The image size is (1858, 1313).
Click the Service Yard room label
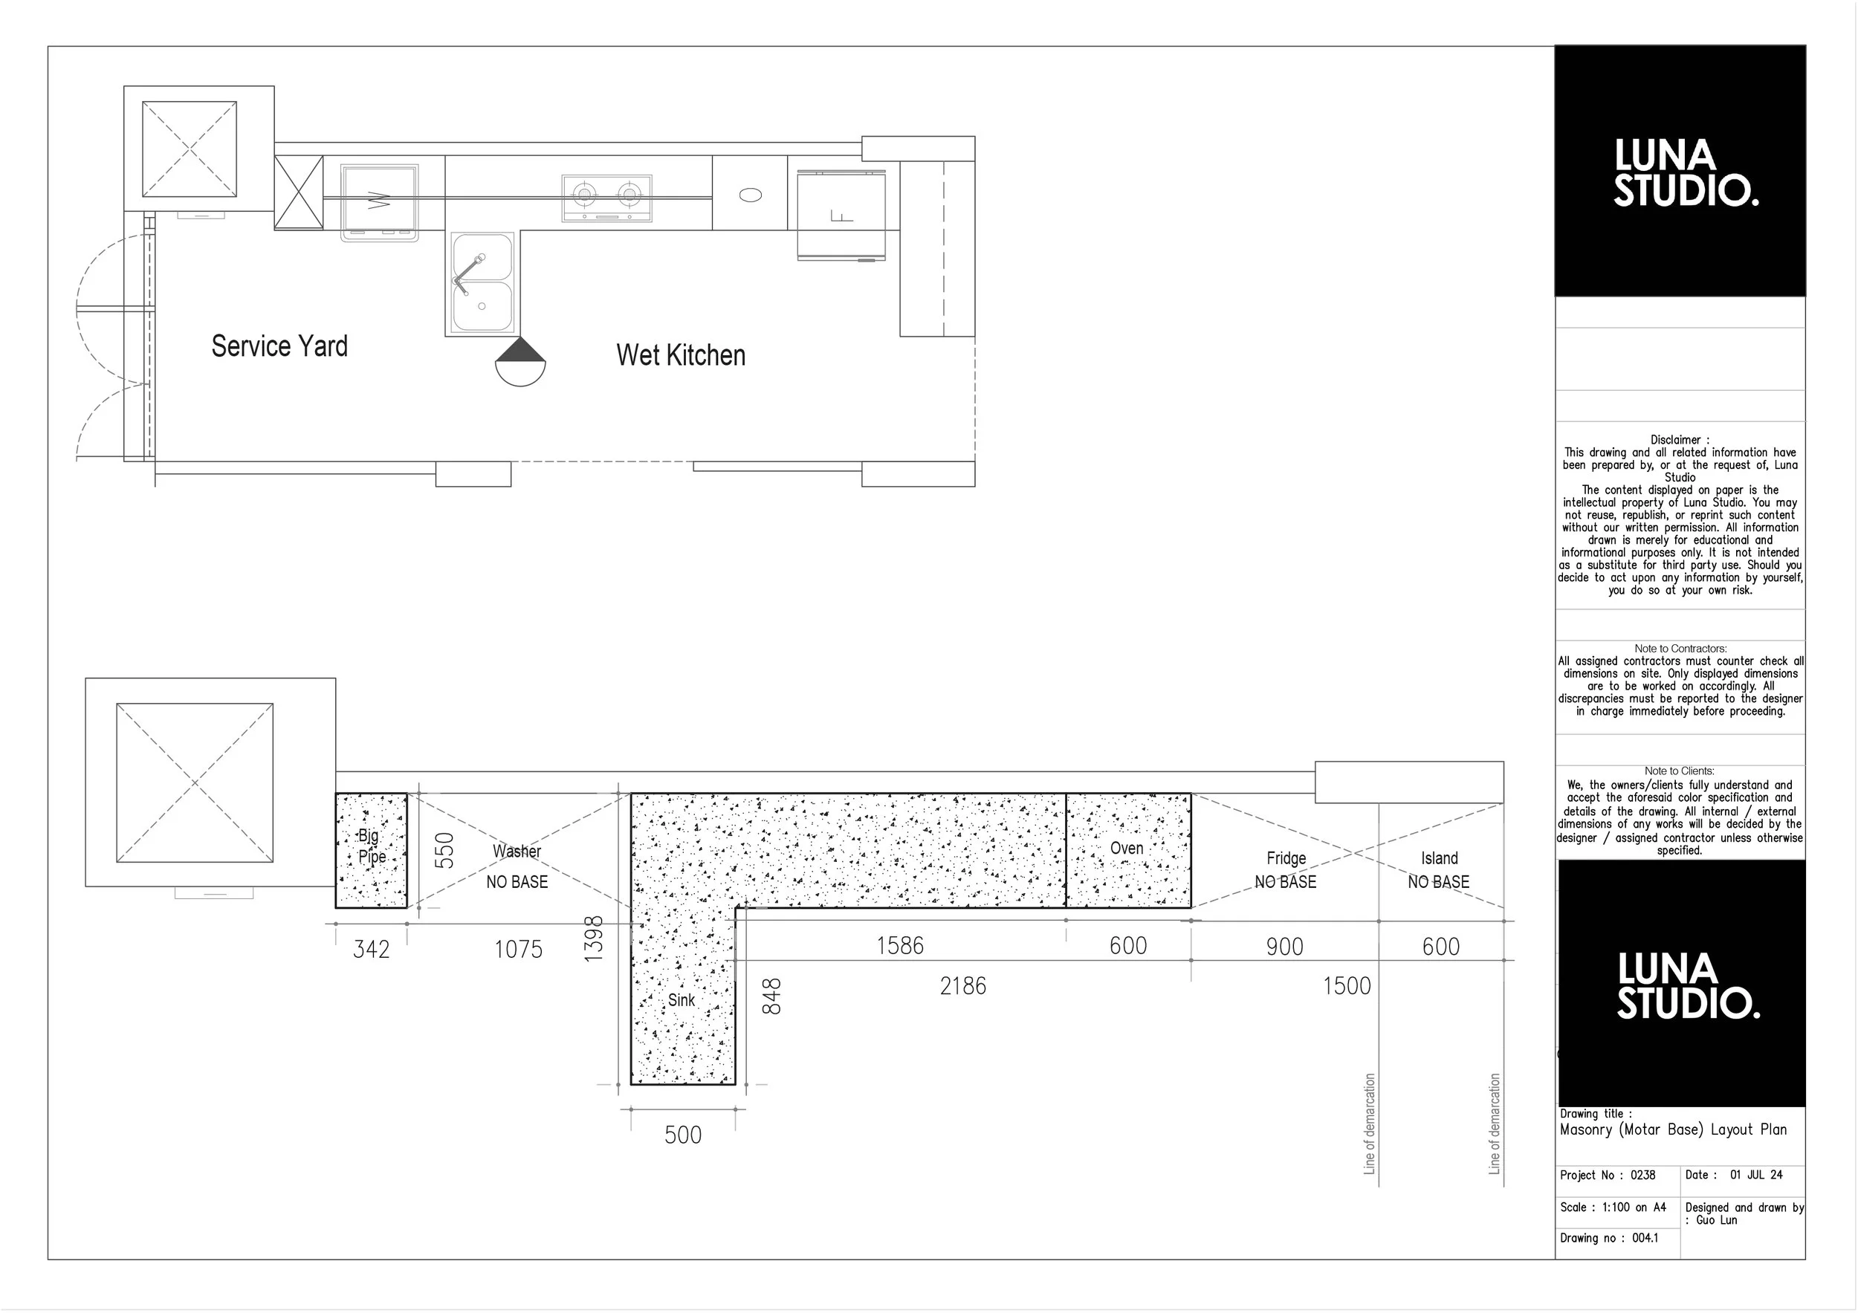pos(279,346)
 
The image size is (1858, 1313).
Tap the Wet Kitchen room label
pos(681,355)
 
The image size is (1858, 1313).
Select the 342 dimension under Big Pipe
pos(372,949)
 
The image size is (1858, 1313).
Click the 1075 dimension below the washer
pos(519,949)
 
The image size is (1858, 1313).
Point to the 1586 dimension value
pos(900,945)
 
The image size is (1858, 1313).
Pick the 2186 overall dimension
pos(963,985)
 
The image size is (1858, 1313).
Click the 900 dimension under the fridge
pos(1284,947)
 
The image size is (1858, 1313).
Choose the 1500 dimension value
pos(1347,985)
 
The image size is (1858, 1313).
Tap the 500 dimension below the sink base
pos(683,1134)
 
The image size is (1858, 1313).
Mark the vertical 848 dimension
pos(772,996)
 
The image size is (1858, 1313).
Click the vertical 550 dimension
pos(444,850)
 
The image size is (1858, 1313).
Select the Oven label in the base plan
pos(1127,848)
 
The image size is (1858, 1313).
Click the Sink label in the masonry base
pos(682,1000)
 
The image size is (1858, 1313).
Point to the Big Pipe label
pos(372,846)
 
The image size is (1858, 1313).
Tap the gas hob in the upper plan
pos(607,198)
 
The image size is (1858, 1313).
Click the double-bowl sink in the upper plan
pos(482,282)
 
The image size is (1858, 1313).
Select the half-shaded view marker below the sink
pos(520,362)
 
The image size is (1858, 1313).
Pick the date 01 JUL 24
pos(1756,1175)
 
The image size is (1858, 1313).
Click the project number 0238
pos(1642,1175)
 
